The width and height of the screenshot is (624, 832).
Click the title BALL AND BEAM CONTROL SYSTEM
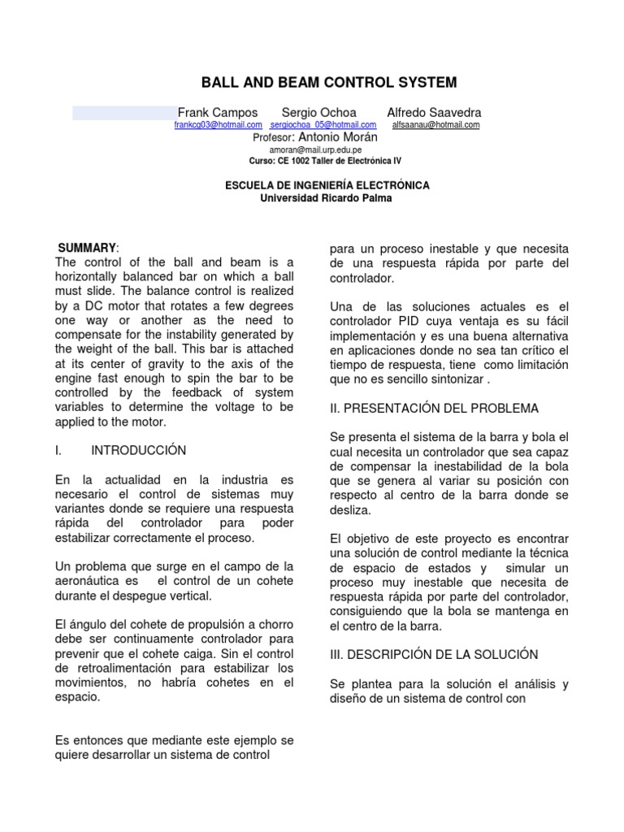[x=329, y=82]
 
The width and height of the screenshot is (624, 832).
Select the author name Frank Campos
[x=218, y=112]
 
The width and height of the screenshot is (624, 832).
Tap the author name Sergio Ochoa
[x=319, y=112]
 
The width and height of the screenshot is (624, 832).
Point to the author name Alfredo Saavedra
[x=434, y=112]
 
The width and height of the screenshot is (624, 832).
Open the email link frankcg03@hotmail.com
[x=218, y=125]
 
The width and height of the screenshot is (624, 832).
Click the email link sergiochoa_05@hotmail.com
[x=323, y=125]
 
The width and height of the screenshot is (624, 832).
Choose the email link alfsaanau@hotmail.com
[x=435, y=125]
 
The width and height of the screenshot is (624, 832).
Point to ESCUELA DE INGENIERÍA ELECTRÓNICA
[x=327, y=185]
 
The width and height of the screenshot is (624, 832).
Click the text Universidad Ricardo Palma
[x=325, y=197]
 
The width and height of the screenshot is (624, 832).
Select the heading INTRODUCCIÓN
[x=138, y=450]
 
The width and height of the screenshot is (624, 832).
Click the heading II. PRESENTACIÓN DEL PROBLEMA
[x=434, y=408]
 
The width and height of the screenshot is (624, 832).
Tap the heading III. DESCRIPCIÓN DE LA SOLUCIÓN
[x=434, y=654]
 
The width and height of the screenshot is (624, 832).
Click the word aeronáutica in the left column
[x=88, y=581]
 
